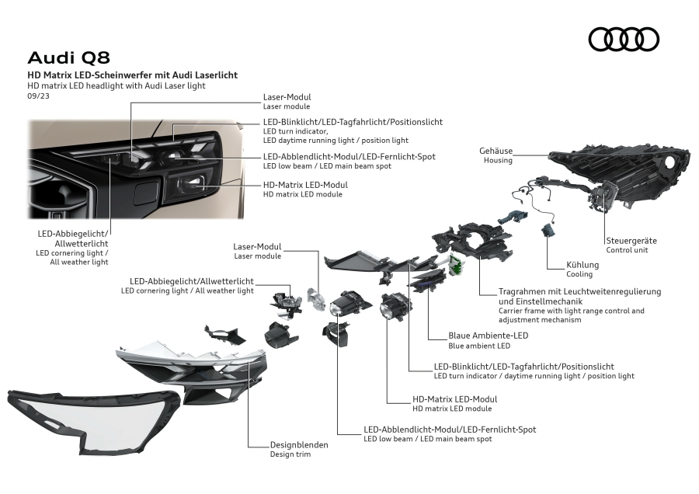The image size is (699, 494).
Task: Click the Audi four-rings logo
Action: tap(624, 39)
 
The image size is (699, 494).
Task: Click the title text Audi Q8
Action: tap(69, 57)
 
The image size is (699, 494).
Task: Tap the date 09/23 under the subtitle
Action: tap(37, 96)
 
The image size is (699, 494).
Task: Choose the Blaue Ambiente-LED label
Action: tap(489, 336)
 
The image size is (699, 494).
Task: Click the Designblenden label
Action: tap(298, 445)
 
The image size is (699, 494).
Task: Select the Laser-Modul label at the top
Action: tap(287, 97)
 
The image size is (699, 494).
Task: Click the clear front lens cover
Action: tap(93, 419)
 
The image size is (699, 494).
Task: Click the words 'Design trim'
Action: tap(290, 454)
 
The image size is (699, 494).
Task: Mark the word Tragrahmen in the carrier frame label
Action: tap(522, 291)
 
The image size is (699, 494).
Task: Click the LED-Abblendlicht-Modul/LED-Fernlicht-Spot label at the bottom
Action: tap(450, 429)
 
